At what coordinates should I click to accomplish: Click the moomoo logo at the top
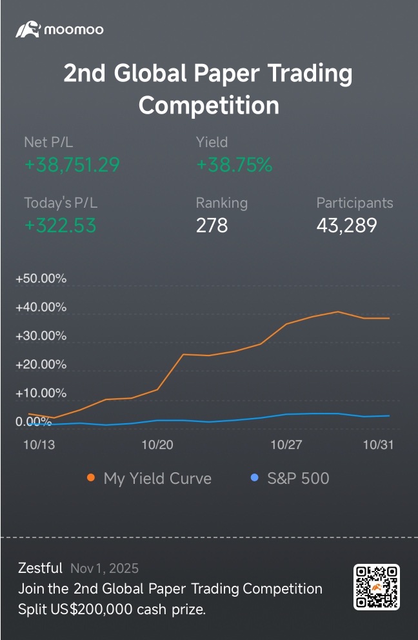(59, 29)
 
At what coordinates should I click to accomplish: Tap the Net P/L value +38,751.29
(72, 165)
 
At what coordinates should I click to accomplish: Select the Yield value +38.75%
(234, 165)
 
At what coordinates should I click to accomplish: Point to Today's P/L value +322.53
(60, 226)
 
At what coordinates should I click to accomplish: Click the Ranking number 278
(212, 226)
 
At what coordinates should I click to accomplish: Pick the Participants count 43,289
(346, 226)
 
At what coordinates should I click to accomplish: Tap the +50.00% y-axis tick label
(41, 279)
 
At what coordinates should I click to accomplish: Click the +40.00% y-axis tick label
(41, 307)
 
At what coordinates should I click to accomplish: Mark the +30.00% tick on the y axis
(41, 335)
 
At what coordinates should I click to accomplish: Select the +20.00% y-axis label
(41, 365)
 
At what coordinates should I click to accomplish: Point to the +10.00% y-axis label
(41, 393)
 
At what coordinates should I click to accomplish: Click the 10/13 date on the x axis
(39, 445)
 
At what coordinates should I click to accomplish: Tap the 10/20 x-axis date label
(157, 445)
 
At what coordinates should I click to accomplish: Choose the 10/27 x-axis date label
(286, 445)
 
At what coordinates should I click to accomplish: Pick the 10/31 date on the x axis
(378, 445)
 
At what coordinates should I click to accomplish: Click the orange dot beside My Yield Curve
(91, 478)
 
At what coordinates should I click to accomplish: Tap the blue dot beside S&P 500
(254, 478)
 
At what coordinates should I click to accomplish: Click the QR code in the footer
(377, 586)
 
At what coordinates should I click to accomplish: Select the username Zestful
(40, 568)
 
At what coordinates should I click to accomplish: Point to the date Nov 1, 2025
(104, 568)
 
